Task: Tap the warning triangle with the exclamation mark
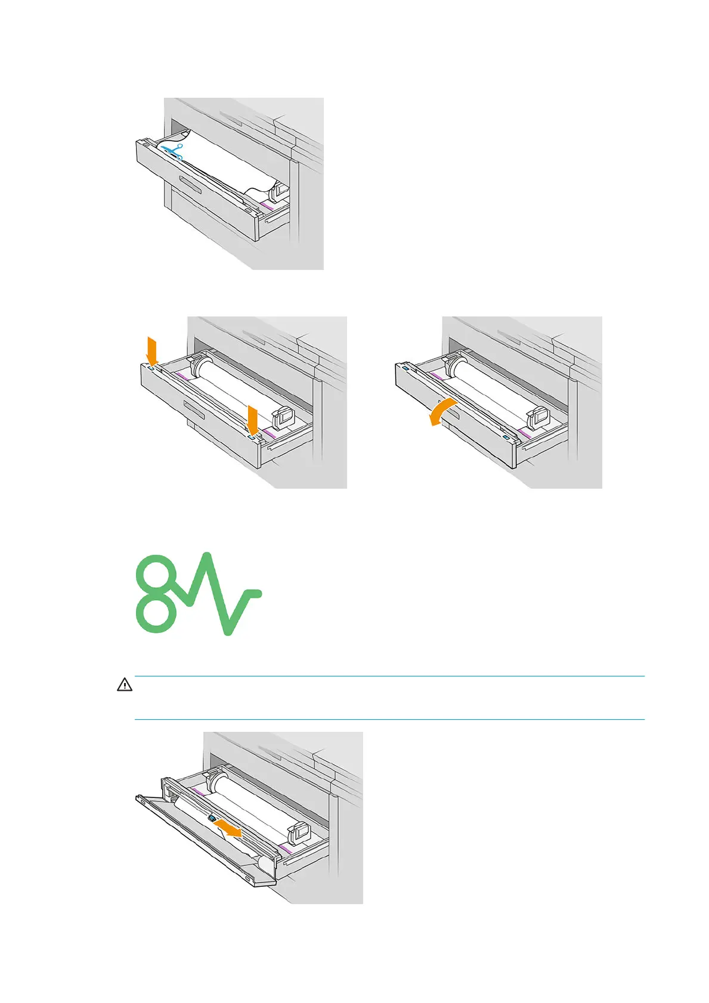124,685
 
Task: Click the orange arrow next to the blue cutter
229,827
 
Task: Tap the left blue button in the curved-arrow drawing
405,368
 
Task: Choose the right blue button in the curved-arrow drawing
506,438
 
